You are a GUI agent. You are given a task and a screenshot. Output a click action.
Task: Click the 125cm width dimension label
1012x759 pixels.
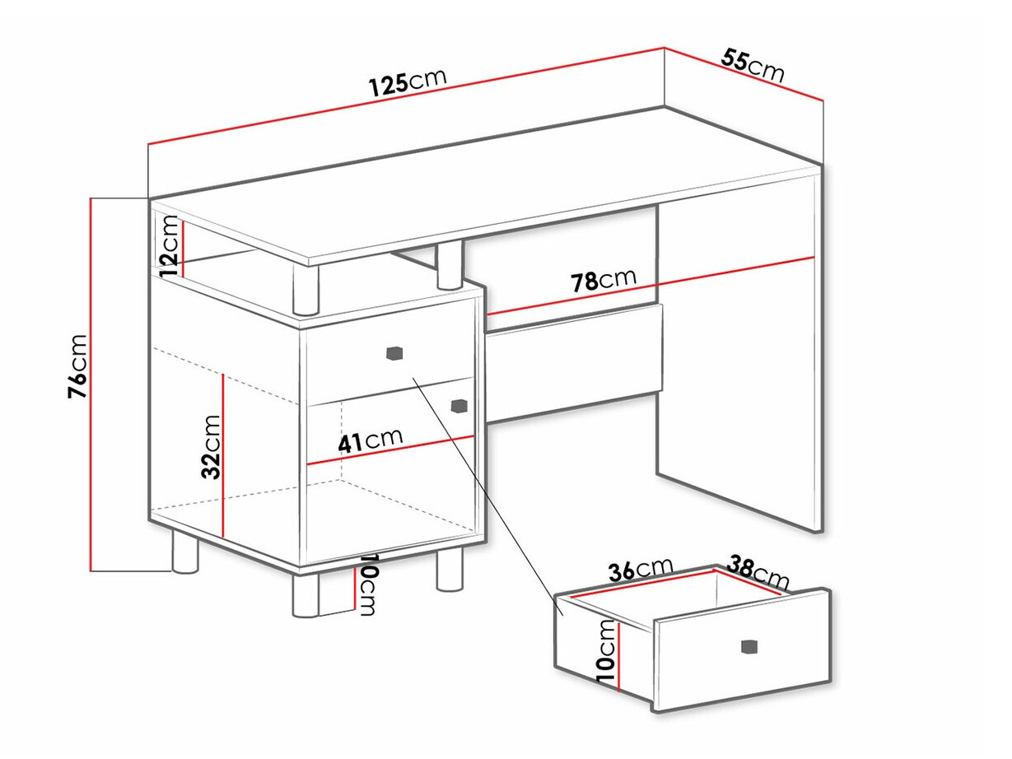pyautogui.click(x=408, y=82)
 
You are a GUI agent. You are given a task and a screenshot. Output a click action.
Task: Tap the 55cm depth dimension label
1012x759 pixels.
pyautogui.click(x=753, y=67)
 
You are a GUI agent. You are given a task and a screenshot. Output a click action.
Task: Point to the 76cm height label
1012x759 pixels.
pyautogui.click(x=77, y=366)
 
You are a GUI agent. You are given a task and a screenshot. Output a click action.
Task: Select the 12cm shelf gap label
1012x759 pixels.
pyautogui.click(x=168, y=246)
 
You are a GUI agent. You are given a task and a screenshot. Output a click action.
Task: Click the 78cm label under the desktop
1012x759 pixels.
pyautogui.click(x=604, y=280)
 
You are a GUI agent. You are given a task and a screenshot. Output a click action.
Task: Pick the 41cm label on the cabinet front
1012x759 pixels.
pyautogui.click(x=371, y=440)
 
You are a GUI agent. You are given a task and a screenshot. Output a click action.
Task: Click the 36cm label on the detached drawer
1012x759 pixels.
pyautogui.click(x=641, y=569)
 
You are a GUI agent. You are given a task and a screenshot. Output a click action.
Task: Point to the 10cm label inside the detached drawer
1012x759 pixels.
pyautogui.click(x=605, y=650)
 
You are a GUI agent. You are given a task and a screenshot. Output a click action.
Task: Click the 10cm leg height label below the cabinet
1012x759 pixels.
pyautogui.click(x=367, y=584)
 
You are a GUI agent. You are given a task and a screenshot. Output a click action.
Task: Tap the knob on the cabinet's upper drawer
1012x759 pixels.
pyautogui.click(x=394, y=353)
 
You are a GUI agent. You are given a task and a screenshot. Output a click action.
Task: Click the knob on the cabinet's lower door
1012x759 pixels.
pyautogui.click(x=459, y=405)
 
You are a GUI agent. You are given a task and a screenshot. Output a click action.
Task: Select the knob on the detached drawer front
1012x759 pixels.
pyautogui.click(x=749, y=646)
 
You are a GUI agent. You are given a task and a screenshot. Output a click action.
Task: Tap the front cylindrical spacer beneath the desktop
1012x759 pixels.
pyautogui.click(x=305, y=290)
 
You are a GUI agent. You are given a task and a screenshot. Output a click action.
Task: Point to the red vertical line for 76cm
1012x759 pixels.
pyautogui.click(x=91, y=384)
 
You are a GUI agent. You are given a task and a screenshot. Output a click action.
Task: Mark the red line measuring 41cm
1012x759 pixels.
pyautogui.click(x=391, y=449)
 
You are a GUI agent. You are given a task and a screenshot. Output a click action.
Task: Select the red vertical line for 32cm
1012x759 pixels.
pyautogui.click(x=222, y=455)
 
